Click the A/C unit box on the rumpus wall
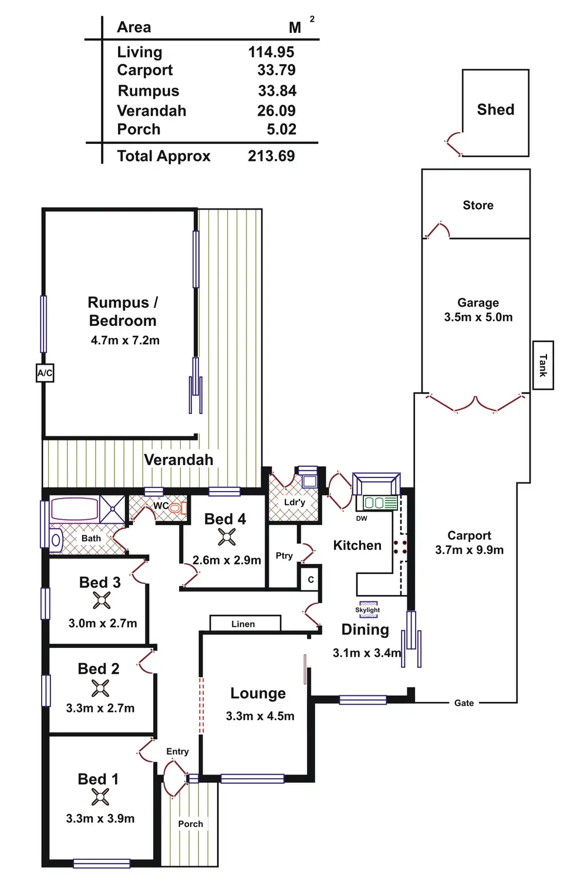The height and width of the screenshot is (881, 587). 45,373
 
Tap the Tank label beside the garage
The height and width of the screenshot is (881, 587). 543,365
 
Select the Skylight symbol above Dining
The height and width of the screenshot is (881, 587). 368,609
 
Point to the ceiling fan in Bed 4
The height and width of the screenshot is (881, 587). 227,537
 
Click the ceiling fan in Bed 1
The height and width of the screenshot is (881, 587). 100,797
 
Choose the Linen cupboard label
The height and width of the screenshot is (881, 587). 243,624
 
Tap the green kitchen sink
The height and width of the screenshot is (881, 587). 380,503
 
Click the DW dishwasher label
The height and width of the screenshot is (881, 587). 362,519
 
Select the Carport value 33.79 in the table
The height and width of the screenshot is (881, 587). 276,70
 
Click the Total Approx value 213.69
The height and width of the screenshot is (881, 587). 271,156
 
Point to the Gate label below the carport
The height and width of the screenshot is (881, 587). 464,703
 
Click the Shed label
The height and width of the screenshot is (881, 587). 495,110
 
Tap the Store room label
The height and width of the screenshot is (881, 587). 478,206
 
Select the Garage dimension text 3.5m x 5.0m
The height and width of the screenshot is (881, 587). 478,318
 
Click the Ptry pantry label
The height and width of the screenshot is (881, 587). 284,556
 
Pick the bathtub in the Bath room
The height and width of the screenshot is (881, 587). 74,509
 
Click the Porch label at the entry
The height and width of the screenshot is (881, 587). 190,824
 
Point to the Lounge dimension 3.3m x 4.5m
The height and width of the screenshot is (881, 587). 260,716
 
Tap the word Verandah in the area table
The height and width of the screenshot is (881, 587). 151,111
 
